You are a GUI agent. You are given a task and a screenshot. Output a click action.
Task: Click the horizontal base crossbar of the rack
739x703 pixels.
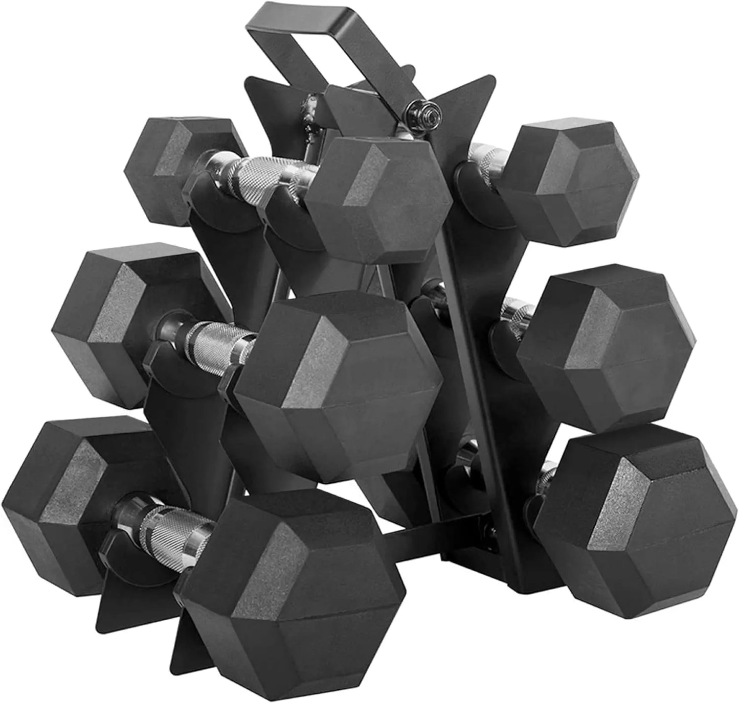[x=430, y=531]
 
